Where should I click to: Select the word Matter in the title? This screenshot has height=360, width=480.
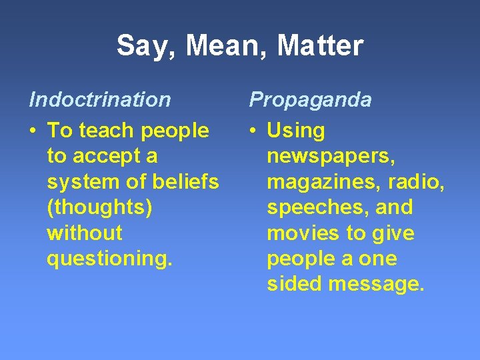coord(320,46)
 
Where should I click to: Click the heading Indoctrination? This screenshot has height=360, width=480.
coord(100,100)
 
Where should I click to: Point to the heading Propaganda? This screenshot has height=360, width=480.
coord(310,100)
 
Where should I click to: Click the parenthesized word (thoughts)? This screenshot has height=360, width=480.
coord(99,208)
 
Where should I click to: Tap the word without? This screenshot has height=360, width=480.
coord(85,233)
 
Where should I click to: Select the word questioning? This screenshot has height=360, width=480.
coord(109,259)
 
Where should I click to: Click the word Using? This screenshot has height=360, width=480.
coord(296,131)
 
